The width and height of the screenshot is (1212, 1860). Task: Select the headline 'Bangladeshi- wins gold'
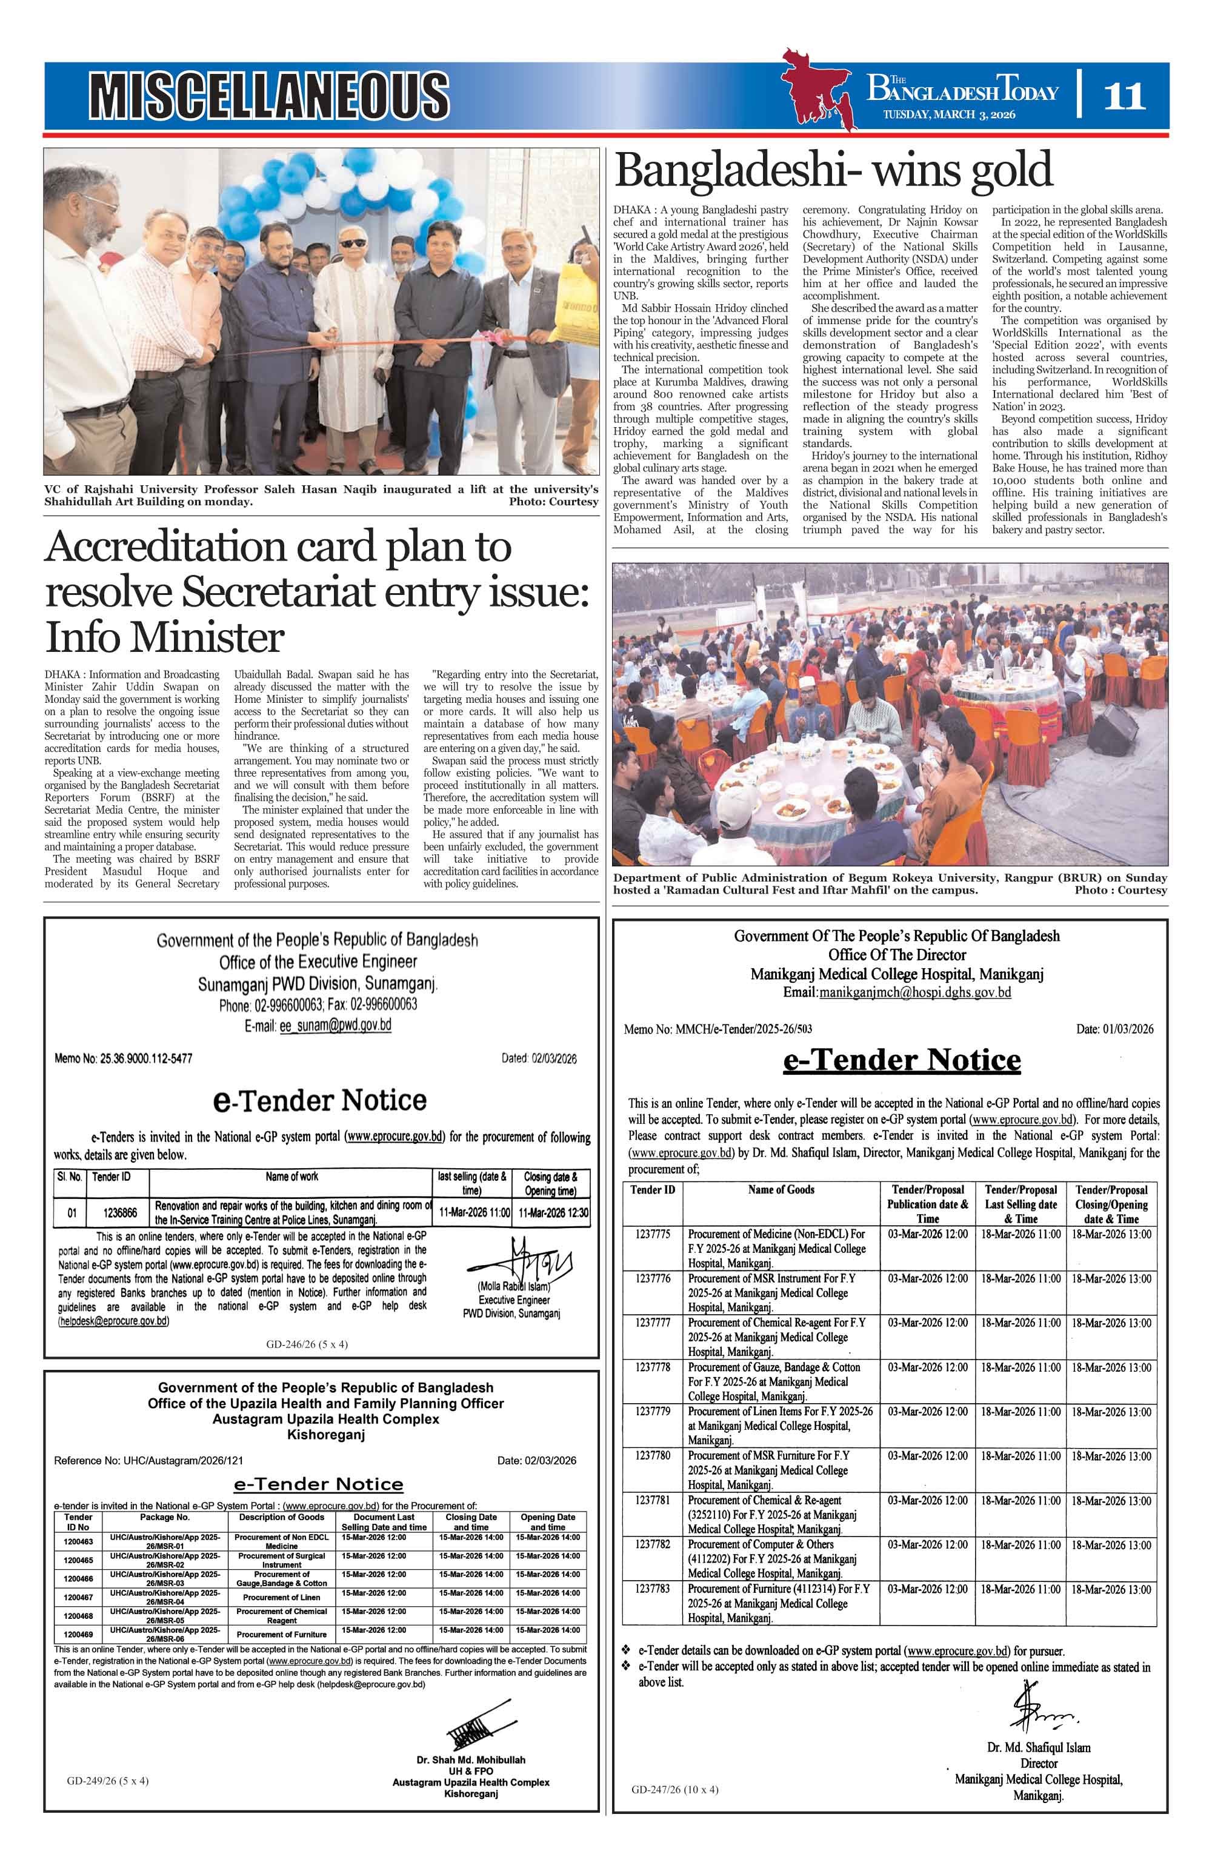click(833, 170)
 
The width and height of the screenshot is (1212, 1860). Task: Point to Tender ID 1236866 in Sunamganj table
click(121, 1213)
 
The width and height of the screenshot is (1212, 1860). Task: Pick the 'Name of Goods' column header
click(781, 1189)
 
